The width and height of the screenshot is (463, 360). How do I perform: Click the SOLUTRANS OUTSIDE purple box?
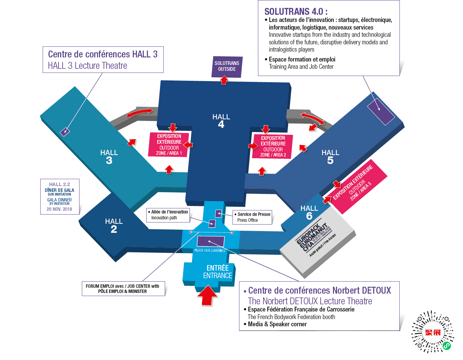[227, 66]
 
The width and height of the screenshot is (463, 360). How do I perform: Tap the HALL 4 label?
[221, 121]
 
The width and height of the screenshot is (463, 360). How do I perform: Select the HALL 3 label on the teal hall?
[109, 156]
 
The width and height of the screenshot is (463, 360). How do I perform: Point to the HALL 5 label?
[330, 156]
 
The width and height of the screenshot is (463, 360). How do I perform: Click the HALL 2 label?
[114, 226]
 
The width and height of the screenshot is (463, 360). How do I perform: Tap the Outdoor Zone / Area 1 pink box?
[169, 145]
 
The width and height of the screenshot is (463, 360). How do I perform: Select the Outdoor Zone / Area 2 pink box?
[273, 146]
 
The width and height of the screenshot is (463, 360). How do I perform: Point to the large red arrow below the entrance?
[207, 295]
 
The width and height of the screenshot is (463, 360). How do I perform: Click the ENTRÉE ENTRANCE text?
[218, 272]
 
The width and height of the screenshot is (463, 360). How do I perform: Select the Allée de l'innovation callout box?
[168, 215]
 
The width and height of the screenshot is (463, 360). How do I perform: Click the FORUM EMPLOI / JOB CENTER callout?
[123, 289]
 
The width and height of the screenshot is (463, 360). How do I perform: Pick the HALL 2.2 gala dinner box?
[60, 197]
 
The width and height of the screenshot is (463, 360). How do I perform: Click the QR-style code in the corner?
[433, 332]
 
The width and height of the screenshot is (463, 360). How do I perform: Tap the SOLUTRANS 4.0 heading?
[295, 12]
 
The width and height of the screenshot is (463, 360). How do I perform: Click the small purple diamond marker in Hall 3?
[65, 132]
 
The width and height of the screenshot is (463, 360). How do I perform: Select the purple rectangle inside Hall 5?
[381, 111]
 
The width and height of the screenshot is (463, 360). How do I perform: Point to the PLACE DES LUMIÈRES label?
[209, 250]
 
